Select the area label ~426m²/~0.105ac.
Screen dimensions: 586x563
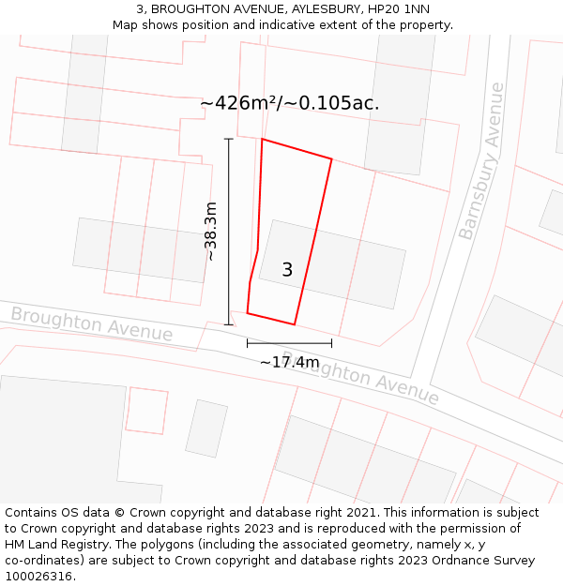pos(290,103)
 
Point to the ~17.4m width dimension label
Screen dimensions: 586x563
pos(289,362)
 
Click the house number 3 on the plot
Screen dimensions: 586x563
pos(287,270)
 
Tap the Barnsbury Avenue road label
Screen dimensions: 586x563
pos(481,161)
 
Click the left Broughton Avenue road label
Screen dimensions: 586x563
pos(92,324)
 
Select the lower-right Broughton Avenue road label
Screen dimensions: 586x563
pos(373,380)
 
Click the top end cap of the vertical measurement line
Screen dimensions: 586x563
pos(228,139)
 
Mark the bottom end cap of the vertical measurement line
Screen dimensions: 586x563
pos(228,324)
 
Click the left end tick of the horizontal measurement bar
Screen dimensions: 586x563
pos(248,344)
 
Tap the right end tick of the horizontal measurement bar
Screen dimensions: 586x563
pos(331,344)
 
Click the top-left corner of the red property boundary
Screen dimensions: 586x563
pos(262,140)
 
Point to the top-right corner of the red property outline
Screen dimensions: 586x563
pos(331,159)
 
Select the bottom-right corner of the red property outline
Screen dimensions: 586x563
pos(295,324)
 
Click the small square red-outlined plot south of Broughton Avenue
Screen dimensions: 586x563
pos(146,411)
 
